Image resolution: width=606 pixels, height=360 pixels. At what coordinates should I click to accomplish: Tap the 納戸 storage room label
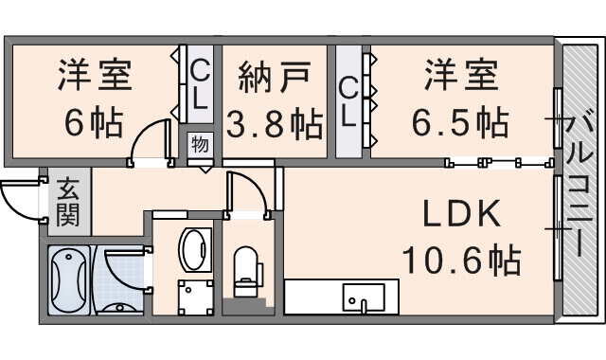[275, 76]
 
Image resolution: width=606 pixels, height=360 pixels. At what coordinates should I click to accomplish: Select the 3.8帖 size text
[275, 123]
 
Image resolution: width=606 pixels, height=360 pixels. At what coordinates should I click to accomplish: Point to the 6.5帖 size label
[459, 121]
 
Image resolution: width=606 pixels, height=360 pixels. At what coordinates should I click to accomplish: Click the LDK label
[461, 215]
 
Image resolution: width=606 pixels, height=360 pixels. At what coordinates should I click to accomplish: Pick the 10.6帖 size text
[461, 258]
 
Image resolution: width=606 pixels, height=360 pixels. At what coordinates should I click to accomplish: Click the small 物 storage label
[200, 145]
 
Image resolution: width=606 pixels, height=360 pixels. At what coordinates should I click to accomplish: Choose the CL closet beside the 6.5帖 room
[348, 102]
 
